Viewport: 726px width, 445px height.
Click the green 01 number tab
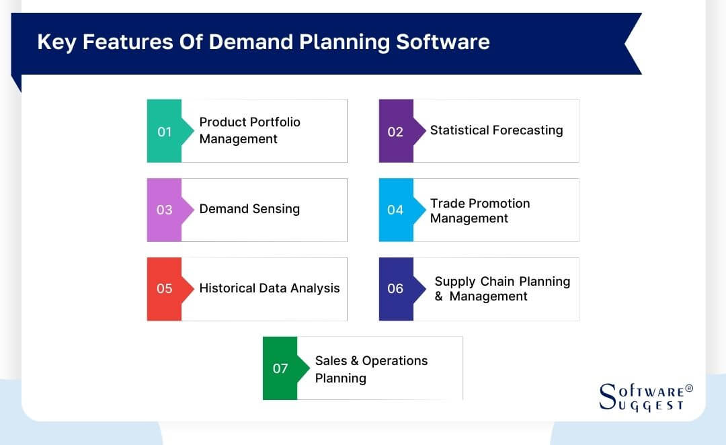[x=165, y=131]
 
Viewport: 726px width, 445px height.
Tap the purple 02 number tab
[x=395, y=131]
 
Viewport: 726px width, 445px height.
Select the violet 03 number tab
[x=165, y=210]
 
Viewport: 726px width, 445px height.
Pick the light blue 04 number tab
[x=395, y=210]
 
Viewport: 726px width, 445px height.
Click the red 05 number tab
[x=165, y=288]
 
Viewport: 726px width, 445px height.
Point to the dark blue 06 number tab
[x=395, y=288]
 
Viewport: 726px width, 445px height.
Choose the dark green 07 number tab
[x=280, y=368]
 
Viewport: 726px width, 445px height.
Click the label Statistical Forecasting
[x=496, y=130]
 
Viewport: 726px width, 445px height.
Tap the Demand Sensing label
[x=249, y=209]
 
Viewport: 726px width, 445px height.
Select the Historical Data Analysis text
[x=270, y=288]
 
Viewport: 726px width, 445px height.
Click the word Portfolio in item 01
[x=274, y=122]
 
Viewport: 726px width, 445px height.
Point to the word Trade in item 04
[x=446, y=203]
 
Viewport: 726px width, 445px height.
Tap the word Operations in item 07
[x=395, y=361]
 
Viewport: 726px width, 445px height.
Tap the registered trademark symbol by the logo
[x=689, y=389]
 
